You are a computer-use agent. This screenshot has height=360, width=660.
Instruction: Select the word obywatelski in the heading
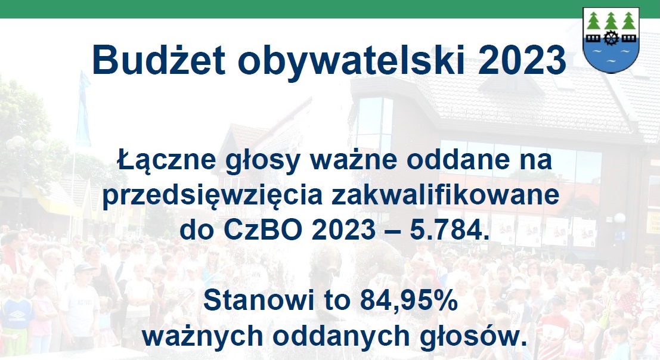351,60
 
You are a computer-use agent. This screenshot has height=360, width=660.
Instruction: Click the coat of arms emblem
611,40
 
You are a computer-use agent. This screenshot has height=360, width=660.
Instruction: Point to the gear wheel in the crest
611,38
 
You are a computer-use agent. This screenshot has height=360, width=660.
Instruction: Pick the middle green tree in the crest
611,21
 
